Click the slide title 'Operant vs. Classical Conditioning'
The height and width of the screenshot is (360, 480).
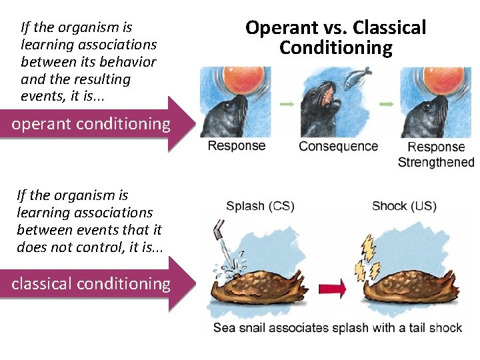pos(335,37)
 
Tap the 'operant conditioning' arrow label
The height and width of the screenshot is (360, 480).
pos(91,124)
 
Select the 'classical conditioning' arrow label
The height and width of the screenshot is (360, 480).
pos(91,284)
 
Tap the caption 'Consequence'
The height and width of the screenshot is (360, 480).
pos(338,146)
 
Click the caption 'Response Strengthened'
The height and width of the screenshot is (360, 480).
pos(435,154)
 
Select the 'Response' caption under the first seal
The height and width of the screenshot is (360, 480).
pos(236,145)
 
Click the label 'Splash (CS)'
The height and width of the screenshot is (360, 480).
pos(260,206)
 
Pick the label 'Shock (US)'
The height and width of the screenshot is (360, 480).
pos(404,206)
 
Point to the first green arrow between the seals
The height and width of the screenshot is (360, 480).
pos(287,105)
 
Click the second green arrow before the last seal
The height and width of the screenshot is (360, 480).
pos(385,105)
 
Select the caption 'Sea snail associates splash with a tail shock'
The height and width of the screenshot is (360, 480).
pos(337,327)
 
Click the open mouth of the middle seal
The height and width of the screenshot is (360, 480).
pos(329,101)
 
